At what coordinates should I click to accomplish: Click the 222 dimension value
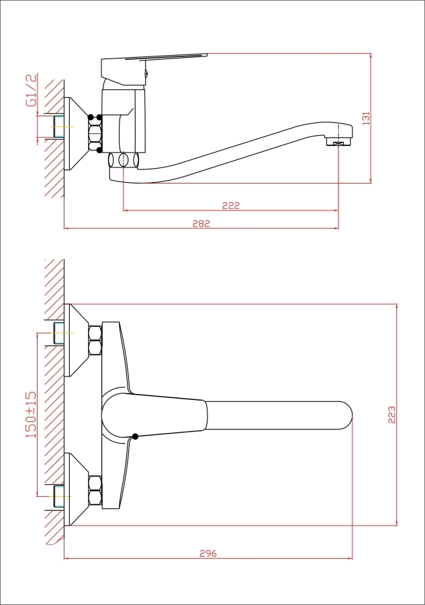pyautogui.click(x=231, y=205)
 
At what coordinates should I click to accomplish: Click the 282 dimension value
pyautogui.click(x=201, y=223)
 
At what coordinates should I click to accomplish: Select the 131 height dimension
pyautogui.click(x=366, y=118)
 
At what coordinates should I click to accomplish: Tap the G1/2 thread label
pyautogui.click(x=31, y=90)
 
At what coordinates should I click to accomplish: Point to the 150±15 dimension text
pyautogui.click(x=31, y=414)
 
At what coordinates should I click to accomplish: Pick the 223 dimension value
pyautogui.click(x=391, y=415)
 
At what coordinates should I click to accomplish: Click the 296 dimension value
pyautogui.click(x=208, y=553)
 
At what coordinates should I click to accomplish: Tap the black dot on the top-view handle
pyautogui.click(x=135, y=436)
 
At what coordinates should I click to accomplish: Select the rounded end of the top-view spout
pyautogui.click(x=346, y=415)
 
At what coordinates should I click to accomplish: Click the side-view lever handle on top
pyautogui.click(x=154, y=69)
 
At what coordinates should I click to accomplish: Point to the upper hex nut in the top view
pyautogui.click(x=95, y=340)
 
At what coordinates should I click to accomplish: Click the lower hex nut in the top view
pyautogui.click(x=95, y=490)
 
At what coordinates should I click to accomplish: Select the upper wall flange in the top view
pyautogui.click(x=76, y=340)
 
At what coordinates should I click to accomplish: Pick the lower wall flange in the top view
pyautogui.click(x=76, y=489)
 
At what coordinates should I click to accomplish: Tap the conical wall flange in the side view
pyautogui.click(x=76, y=134)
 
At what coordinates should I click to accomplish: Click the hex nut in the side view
pyautogui.click(x=95, y=134)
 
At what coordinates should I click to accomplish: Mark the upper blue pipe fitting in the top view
pyautogui.click(x=58, y=333)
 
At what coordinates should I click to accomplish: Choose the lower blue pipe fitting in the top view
pyautogui.click(x=58, y=496)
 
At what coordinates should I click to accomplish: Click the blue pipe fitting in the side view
pyautogui.click(x=58, y=126)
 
